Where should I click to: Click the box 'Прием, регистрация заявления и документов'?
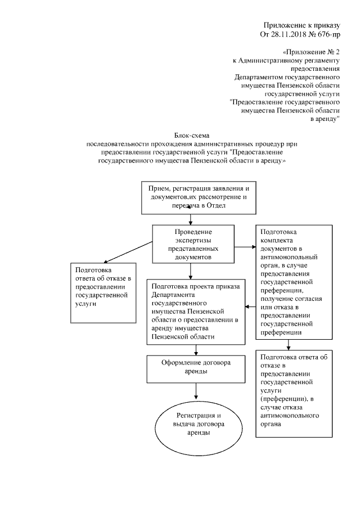(x=195, y=197)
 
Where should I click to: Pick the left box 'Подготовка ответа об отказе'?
(x=102, y=292)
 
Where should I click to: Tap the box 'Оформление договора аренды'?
(x=196, y=368)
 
